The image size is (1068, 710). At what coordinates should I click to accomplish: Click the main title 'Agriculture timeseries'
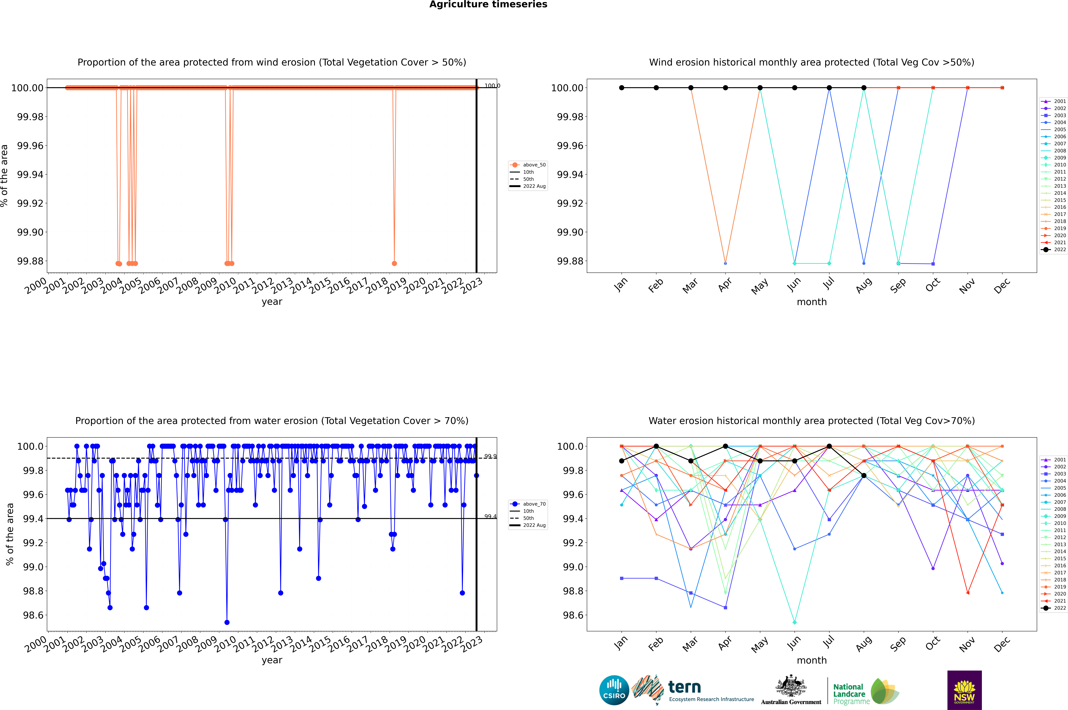coord(488,4)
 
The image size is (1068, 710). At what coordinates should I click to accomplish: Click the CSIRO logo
coord(614,690)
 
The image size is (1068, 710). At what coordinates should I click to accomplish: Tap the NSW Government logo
coord(964,690)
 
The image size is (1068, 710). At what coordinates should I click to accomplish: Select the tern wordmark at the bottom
coord(685,687)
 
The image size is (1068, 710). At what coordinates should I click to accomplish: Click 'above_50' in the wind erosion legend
coord(534,165)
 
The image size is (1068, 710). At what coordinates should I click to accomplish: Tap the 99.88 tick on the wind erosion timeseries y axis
coord(30,261)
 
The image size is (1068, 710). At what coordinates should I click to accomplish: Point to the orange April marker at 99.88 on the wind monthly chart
coord(725,263)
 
